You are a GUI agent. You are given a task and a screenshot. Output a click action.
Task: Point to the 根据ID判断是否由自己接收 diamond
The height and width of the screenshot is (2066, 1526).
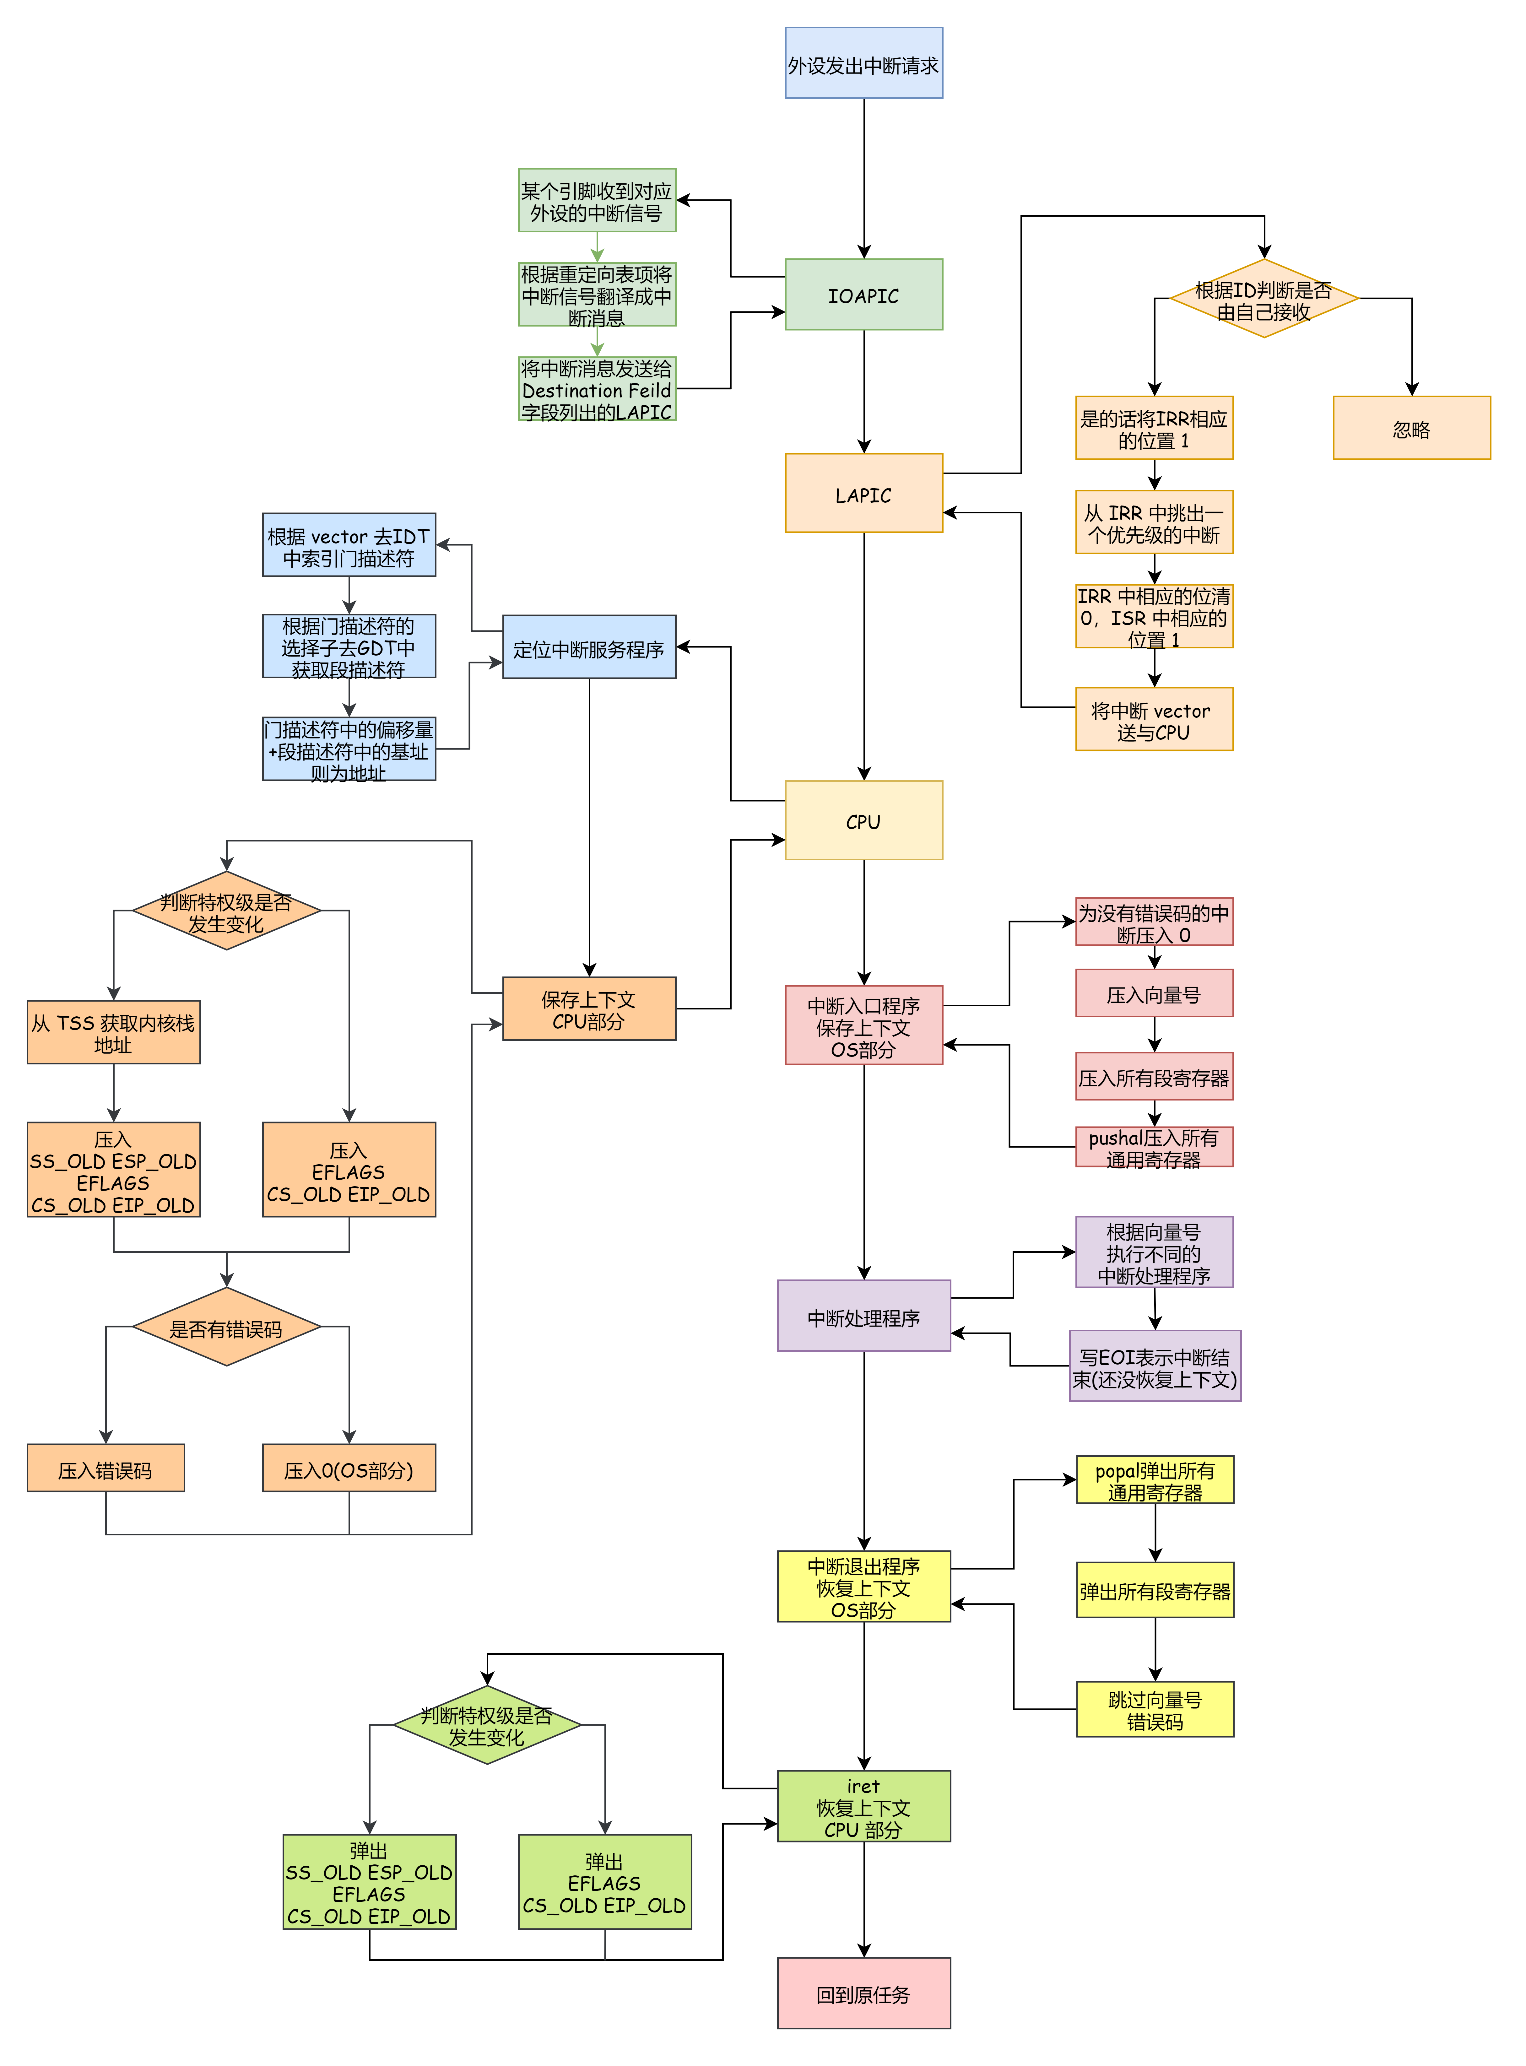[x=1264, y=299]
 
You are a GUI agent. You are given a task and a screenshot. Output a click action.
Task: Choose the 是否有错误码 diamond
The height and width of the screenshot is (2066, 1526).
[x=226, y=1327]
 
